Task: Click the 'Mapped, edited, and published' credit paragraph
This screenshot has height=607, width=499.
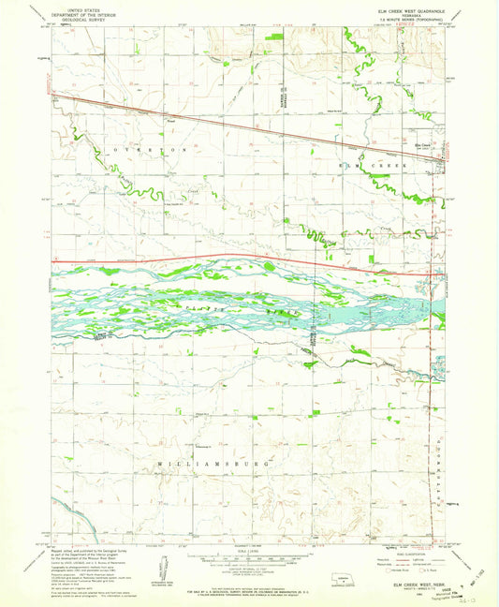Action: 84,553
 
